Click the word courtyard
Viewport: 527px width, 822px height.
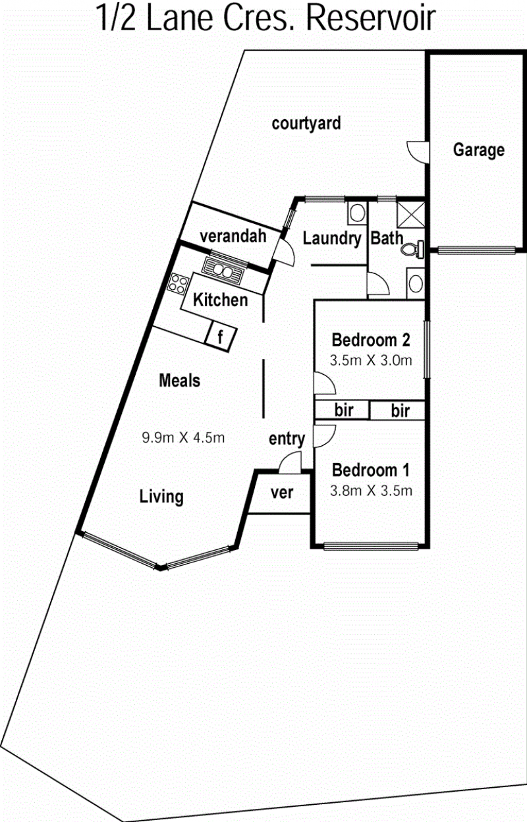tap(306, 124)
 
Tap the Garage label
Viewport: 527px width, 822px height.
tap(478, 150)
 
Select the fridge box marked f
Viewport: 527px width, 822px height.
tap(221, 336)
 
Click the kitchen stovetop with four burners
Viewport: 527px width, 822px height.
tap(178, 284)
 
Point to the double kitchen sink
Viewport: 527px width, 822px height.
tap(223, 271)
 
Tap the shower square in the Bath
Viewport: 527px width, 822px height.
tap(410, 215)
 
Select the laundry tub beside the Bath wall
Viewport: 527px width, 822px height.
tap(357, 213)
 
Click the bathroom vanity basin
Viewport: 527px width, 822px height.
tap(416, 284)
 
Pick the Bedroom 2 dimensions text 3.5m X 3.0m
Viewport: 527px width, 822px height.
tap(371, 360)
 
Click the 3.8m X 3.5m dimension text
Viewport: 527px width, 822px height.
tap(371, 491)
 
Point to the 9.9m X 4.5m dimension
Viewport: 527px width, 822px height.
tap(183, 437)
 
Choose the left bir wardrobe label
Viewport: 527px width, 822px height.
tap(344, 410)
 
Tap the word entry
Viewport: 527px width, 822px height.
tap(287, 439)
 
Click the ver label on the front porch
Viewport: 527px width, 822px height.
tap(282, 493)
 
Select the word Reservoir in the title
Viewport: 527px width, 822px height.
tap(371, 18)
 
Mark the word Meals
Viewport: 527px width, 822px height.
tap(179, 381)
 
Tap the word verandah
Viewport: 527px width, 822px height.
tap(233, 236)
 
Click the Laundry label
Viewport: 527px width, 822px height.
tap(332, 239)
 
